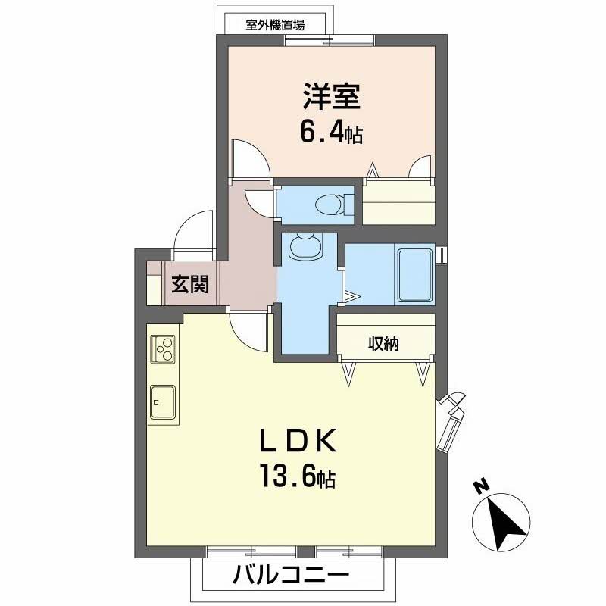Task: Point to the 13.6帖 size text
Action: (296, 478)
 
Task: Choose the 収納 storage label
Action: (383, 343)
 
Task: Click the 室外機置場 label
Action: (275, 24)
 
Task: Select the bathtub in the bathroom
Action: (414, 273)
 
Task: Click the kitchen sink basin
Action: (163, 400)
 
